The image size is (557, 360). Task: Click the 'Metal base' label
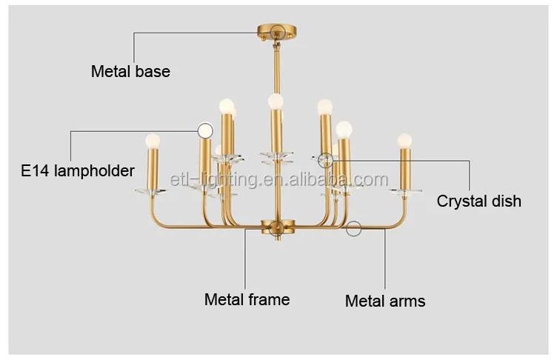(130, 72)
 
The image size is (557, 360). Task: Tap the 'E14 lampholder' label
(78, 171)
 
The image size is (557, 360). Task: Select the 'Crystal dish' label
(478, 201)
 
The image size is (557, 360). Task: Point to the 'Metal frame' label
(247, 300)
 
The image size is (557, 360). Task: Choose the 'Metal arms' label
(385, 301)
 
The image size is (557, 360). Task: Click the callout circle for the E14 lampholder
(205, 130)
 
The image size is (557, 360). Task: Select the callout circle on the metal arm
(354, 228)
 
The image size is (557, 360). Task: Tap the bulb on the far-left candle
(153, 139)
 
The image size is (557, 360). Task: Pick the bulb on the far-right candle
(404, 140)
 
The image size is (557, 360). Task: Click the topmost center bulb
(276, 100)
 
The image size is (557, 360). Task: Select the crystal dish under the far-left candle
(153, 192)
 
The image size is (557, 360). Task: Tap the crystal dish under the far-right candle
(405, 193)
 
